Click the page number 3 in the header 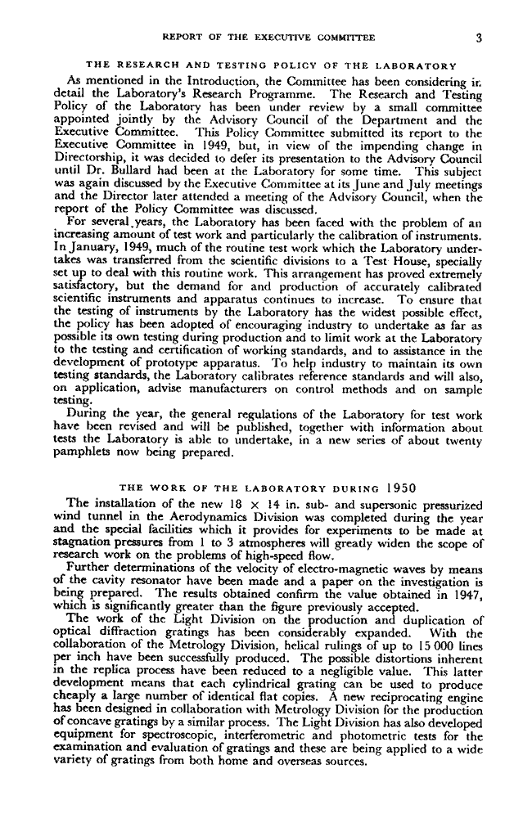(x=483, y=36)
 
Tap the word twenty (x=467, y=438)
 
